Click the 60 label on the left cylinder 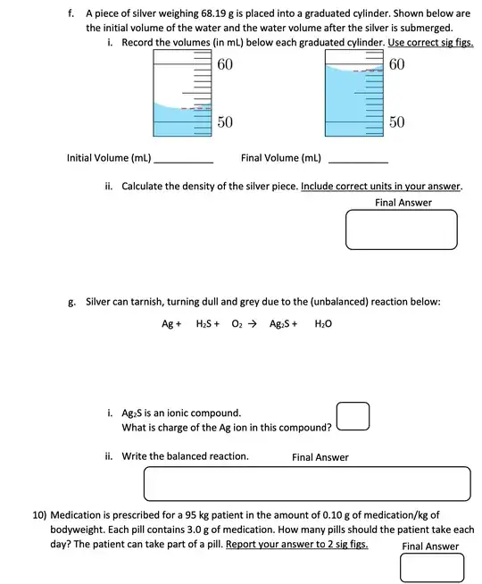225,65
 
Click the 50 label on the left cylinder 225,121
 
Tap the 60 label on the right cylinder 397,65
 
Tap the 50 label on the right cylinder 397,121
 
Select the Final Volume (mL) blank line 359,161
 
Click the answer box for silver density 402,229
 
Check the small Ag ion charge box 353,417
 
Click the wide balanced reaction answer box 307,484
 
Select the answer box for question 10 432,568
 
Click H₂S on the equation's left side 207,324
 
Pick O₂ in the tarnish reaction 237,324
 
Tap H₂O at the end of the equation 323,324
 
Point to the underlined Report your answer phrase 297,544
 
